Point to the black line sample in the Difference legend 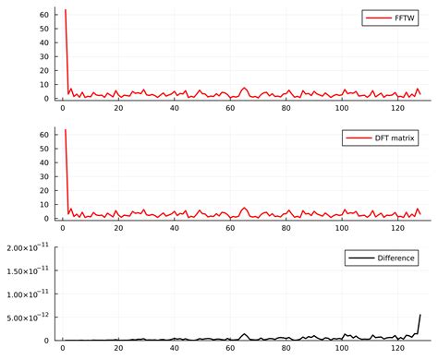pyautogui.click(x=359, y=258)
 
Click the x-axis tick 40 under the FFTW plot pyautogui.click(x=175, y=109)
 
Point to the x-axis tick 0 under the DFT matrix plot pyautogui.click(x=63, y=229)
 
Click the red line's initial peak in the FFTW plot pyautogui.click(x=66, y=10)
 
